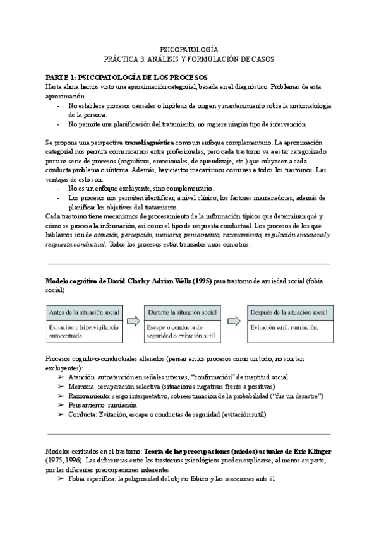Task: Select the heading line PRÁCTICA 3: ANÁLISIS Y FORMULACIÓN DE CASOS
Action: click(x=189, y=58)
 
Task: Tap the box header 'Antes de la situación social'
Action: click(x=82, y=313)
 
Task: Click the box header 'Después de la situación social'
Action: click(x=288, y=313)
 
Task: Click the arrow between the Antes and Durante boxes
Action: click(x=133, y=321)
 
